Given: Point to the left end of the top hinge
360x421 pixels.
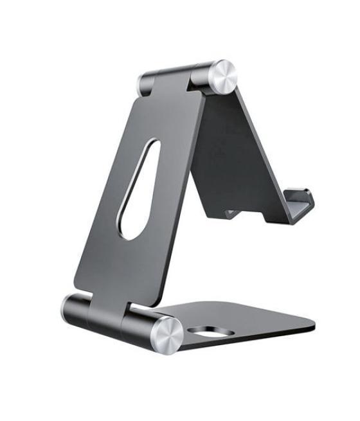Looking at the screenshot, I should click(x=142, y=83).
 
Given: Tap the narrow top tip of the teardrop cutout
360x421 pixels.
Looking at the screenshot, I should click(x=152, y=143).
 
